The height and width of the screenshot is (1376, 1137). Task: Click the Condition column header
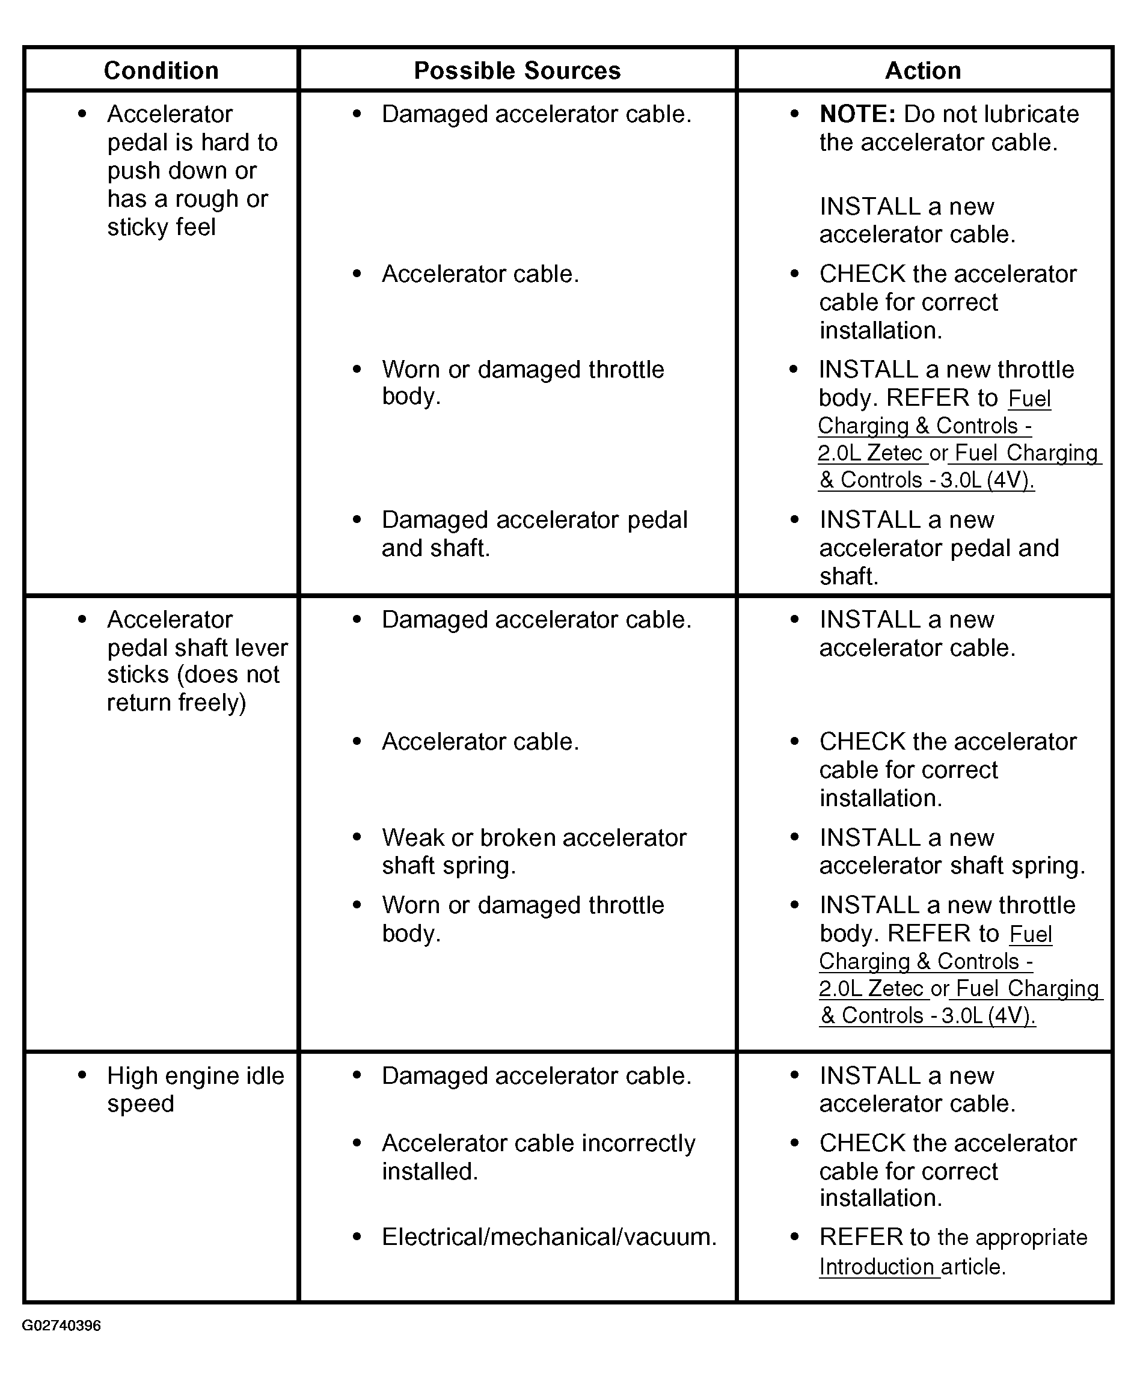[x=161, y=71]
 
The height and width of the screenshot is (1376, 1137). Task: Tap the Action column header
[x=923, y=71]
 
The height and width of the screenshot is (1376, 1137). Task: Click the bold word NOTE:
[x=857, y=115]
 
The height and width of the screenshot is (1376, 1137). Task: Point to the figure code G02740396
[x=61, y=1326]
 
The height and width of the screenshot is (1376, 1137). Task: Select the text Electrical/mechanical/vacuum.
[x=549, y=1237]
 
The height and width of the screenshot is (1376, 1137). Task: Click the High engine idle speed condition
[x=195, y=1090]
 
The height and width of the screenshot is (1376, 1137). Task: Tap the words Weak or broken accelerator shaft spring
[x=534, y=851]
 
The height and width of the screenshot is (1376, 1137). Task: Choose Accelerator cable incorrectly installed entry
[x=538, y=1157]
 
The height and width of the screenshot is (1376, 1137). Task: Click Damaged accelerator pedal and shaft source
[x=534, y=534]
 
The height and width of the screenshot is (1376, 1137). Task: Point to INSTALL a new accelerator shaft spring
[x=952, y=851]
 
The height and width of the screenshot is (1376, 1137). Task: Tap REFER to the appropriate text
[x=952, y=1238]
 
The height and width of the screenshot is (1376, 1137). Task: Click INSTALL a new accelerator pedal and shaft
[x=939, y=548]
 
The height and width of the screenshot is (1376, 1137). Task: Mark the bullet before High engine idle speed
[x=82, y=1075]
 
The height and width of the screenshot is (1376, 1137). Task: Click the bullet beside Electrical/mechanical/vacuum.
[x=357, y=1237]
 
